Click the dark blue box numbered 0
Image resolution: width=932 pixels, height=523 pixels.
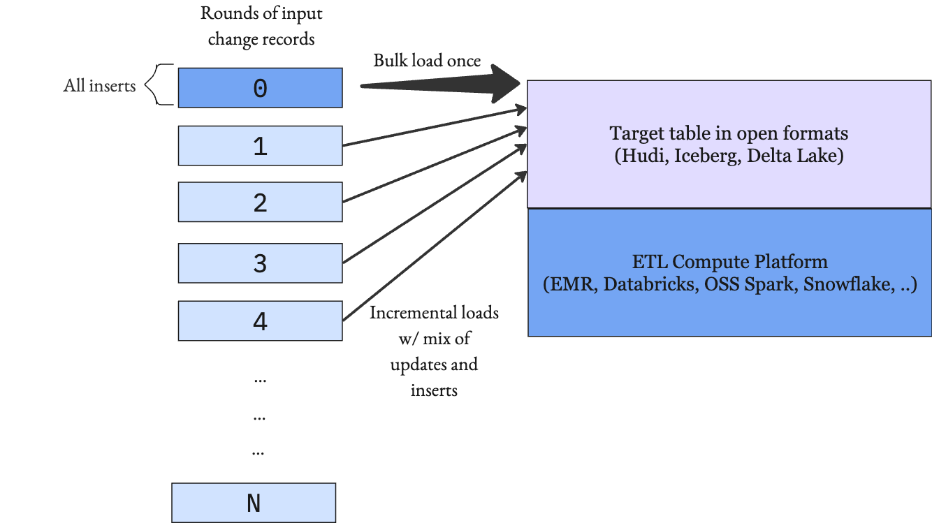(x=261, y=88)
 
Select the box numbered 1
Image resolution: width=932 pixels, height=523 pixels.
(x=261, y=145)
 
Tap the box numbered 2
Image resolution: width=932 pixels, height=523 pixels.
(x=261, y=202)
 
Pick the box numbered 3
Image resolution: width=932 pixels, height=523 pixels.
(x=261, y=263)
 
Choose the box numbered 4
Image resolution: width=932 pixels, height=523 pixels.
(x=261, y=321)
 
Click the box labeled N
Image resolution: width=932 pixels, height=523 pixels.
(x=254, y=503)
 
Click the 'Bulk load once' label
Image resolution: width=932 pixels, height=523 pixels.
(x=427, y=61)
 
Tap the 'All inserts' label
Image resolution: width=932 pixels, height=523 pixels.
(x=99, y=86)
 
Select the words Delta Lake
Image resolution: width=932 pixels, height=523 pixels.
(x=792, y=156)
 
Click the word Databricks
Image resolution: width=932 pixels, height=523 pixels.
(x=651, y=284)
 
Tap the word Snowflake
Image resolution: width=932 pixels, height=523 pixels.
(x=849, y=284)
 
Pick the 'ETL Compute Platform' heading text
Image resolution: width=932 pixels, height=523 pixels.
(x=730, y=262)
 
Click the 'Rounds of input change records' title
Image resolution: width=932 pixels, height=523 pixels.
(x=261, y=27)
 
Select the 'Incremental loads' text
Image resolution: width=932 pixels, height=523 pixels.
(x=434, y=313)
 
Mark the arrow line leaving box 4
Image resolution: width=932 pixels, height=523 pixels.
(x=435, y=246)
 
